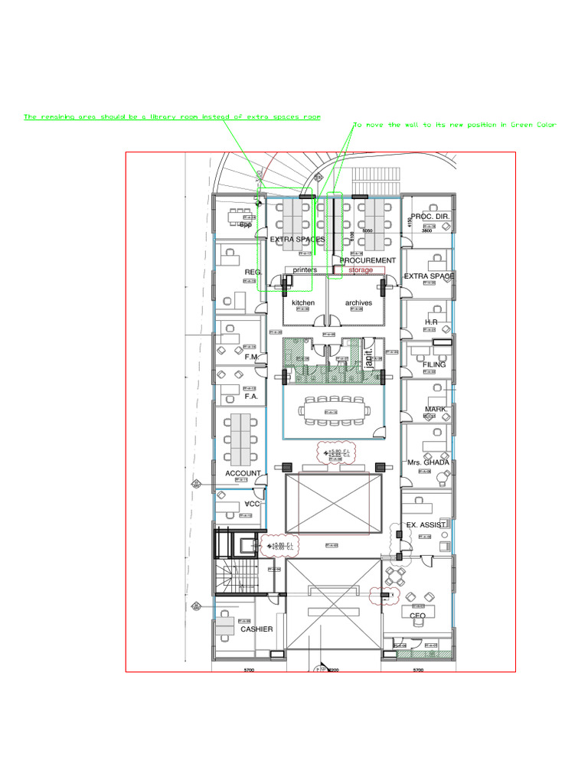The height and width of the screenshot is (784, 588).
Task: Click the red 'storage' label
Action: [x=361, y=270]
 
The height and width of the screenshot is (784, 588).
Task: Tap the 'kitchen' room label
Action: [x=303, y=303]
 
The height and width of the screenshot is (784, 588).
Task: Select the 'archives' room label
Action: [x=358, y=303]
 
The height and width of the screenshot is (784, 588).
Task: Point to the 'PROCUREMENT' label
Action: [x=367, y=260]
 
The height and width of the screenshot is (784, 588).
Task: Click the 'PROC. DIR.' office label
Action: [x=430, y=217]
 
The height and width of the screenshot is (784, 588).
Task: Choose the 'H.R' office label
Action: [x=430, y=322]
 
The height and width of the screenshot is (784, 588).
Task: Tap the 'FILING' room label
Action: [x=434, y=365]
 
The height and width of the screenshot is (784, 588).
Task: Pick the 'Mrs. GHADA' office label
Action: [x=428, y=462]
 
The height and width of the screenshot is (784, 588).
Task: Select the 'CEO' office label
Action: [x=417, y=616]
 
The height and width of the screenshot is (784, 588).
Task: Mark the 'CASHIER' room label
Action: [x=256, y=629]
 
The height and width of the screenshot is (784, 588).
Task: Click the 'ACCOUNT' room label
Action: [x=243, y=474]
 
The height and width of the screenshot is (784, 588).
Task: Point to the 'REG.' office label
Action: [x=253, y=272]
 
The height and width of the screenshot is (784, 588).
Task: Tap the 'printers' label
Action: [x=305, y=270]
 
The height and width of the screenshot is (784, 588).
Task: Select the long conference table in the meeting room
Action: [x=335, y=410]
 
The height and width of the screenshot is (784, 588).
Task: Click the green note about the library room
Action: [x=172, y=117]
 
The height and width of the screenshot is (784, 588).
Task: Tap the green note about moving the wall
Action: [x=455, y=125]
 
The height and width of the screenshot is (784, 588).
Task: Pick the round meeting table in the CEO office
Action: [x=396, y=575]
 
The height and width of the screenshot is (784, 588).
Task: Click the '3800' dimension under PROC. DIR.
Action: [x=426, y=230]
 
